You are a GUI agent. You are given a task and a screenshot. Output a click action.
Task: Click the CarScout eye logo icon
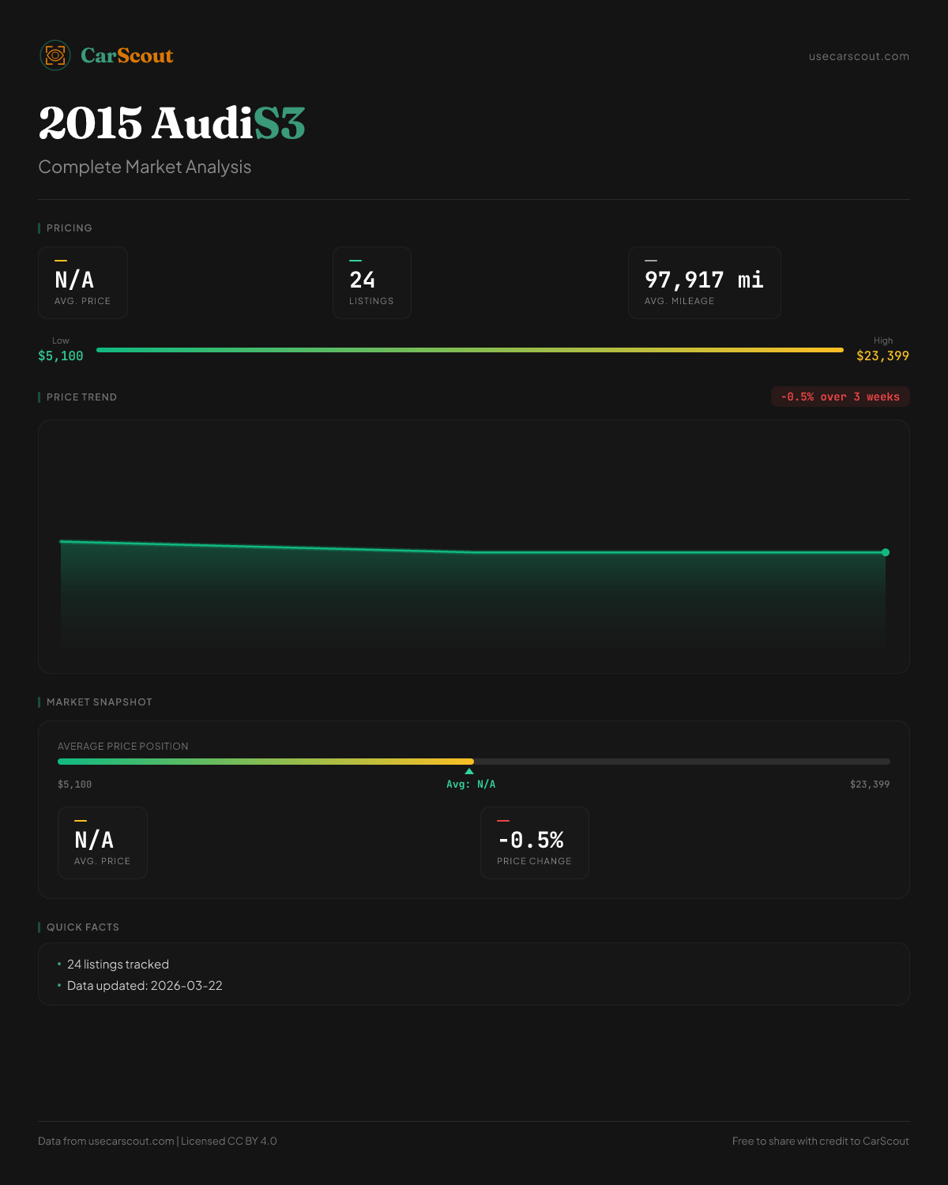point(55,55)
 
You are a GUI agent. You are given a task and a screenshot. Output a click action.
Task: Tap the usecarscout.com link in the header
point(859,56)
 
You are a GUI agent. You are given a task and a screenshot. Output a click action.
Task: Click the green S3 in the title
point(279,123)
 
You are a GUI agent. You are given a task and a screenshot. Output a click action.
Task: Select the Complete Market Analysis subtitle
point(145,167)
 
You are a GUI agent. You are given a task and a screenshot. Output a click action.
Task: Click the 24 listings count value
point(363,280)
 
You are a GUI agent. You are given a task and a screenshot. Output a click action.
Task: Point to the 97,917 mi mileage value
point(704,280)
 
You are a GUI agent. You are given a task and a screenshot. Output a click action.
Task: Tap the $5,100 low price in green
point(61,356)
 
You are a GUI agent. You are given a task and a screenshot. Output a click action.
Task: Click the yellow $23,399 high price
point(882,356)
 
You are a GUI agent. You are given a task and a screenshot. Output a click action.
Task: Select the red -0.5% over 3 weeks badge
point(840,397)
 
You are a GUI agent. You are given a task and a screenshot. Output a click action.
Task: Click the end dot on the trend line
point(886,552)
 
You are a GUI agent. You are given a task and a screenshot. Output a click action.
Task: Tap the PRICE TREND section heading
point(81,397)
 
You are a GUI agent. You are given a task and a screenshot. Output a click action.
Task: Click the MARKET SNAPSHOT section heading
point(99,702)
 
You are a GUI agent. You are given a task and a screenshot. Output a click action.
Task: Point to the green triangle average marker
point(469,771)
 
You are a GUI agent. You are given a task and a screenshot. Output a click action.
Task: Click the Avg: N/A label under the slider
point(471,784)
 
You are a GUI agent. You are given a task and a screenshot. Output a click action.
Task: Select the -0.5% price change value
point(531,840)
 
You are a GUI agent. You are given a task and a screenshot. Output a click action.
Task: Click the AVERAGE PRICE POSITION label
point(123,747)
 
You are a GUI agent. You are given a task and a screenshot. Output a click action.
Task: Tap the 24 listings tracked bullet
point(118,965)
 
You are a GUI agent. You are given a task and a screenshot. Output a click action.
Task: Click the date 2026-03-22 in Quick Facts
point(186,986)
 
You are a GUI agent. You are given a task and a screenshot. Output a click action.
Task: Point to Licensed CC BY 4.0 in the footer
point(229,1141)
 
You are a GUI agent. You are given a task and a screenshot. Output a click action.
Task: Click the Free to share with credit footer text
point(820,1141)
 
